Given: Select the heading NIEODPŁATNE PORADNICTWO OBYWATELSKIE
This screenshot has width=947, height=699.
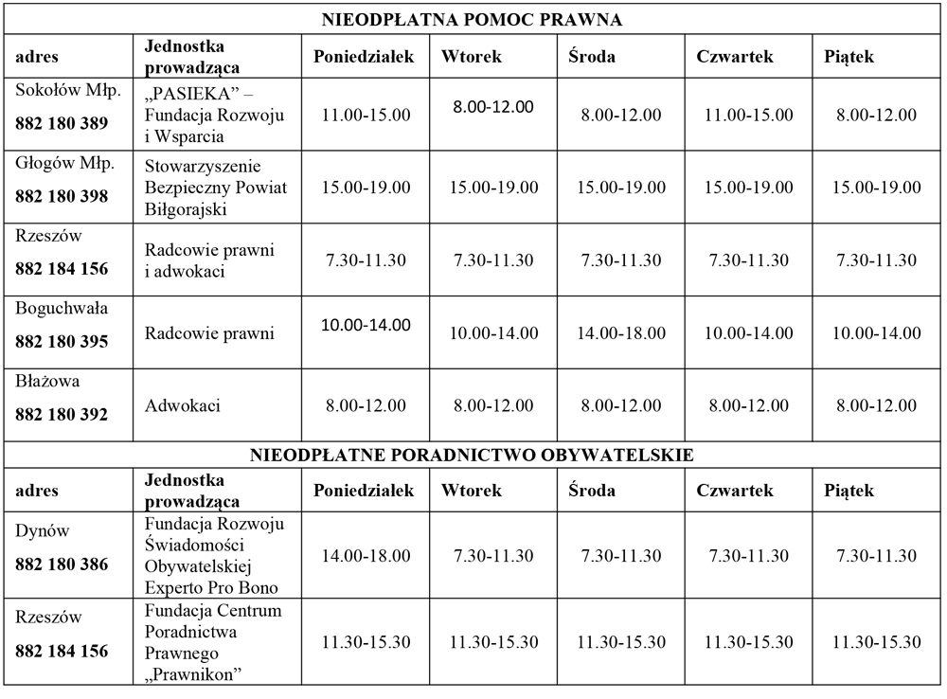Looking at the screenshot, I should pyautogui.click(x=472, y=455).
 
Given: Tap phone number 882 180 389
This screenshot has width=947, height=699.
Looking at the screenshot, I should pyautogui.click(x=62, y=123).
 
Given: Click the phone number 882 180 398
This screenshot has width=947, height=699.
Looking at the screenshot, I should pyautogui.click(x=62, y=196).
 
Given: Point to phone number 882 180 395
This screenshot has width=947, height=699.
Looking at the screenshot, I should pyautogui.click(x=62, y=342).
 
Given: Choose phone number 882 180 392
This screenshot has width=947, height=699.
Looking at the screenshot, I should pyautogui.click(x=62, y=414).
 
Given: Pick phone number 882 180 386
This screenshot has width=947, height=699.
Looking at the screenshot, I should pyautogui.click(x=62, y=565).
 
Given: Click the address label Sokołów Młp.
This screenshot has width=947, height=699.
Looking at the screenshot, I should pyautogui.click(x=62, y=91).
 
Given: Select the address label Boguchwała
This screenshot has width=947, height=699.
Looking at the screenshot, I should pyautogui.click(x=62, y=309).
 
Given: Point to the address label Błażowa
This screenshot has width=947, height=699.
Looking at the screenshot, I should pyautogui.click(x=47, y=382).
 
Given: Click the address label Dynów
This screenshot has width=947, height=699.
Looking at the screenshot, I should pyautogui.click(x=43, y=531).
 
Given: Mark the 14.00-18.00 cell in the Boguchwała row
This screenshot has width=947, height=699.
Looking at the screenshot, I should pyautogui.click(x=620, y=333).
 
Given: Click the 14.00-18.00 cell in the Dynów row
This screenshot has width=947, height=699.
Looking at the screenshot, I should pyautogui.click(x=366, y=556).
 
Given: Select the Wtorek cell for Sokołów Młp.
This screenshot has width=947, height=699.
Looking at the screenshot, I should pyautogui.click(x=492, y=107).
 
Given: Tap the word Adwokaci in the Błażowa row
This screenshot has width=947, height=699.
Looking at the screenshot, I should pyautogui.click(x=183, y=405).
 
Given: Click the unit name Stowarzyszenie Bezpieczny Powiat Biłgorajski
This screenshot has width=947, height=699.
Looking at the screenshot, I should pyautogui.click(x=216, y=188).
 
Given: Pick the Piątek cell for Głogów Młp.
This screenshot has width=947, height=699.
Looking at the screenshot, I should pyautogui.click(x=876, y=188).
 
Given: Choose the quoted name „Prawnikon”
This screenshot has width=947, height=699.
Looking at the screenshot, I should pyautogui.click(x=194, y=673).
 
